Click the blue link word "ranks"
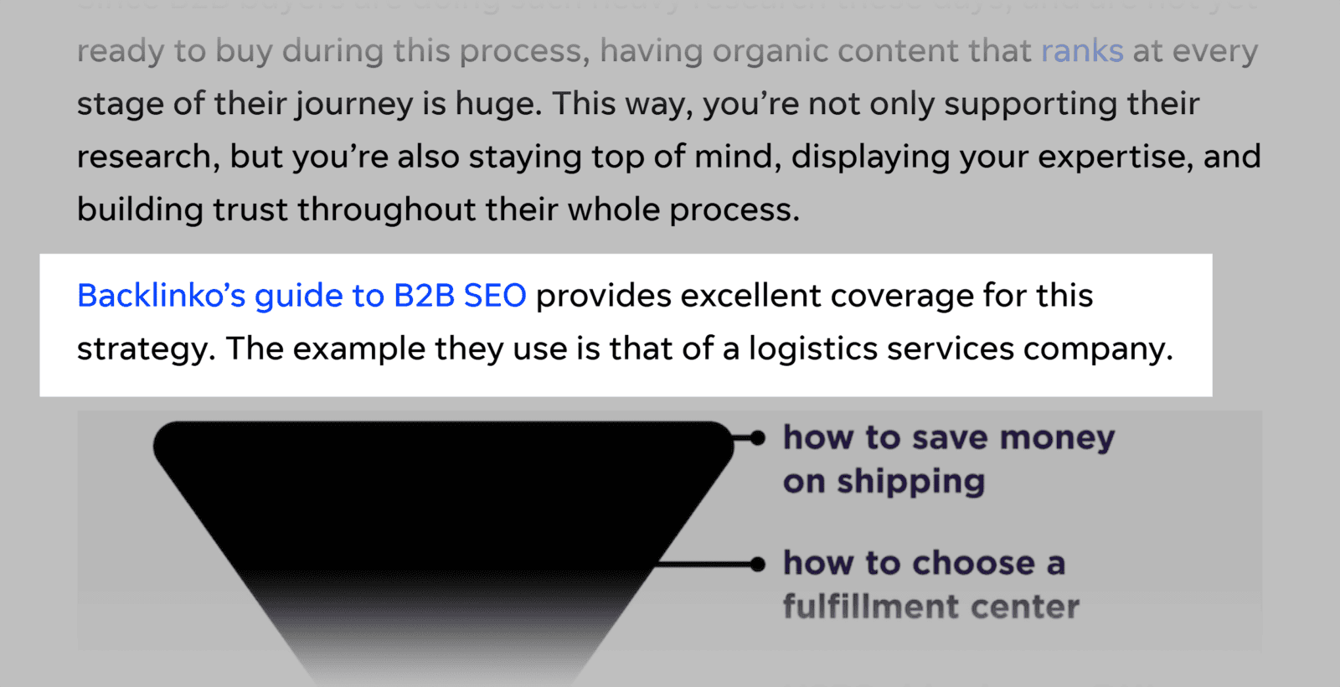coord(1081,52)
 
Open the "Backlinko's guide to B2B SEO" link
coord(301,297)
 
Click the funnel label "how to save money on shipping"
coord(948,459)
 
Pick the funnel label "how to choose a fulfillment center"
coord(930,585)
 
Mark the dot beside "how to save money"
coord(758,437)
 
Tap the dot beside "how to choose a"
coord(758,564)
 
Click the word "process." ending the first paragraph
coord(734,210)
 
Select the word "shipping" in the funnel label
coord(910,482)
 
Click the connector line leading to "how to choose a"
coord(703,564)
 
